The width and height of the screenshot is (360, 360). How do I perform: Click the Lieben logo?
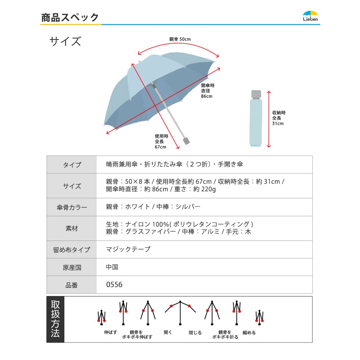tap(310, 16)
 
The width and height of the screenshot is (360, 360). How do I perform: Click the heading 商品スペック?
tap(70, 18)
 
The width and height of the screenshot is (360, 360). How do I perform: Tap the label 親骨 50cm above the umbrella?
tap(180, 39)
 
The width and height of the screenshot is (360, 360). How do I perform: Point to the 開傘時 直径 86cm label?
tap(208, 91)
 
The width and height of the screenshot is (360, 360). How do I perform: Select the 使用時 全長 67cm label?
tap(161, 142)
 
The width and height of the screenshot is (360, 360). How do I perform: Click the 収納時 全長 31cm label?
tap(279, 118)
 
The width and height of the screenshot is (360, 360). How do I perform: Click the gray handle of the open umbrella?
tap(186, 141)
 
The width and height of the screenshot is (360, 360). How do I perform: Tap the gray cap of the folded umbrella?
tap(256, 94)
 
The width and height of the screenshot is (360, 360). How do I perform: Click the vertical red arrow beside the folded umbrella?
tap(269, 119)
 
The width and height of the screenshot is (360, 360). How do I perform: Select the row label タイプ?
tap(72, 165)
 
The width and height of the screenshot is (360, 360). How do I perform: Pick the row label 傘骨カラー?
tap(72, 207)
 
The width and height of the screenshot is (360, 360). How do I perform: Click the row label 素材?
tap(72, 228)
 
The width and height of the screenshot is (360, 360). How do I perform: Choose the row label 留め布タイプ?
tap(72, 250)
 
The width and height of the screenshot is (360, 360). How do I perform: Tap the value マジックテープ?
tap(128, 249)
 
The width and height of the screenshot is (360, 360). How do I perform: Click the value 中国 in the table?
tap(112, 267)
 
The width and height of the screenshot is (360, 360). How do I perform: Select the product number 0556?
tap(114, 285)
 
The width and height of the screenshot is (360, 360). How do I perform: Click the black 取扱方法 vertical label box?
tap(55, 319)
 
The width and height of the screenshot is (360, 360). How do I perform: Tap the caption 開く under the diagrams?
tap(168, 332)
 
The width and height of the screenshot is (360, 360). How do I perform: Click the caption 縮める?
tap(249, 332)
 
